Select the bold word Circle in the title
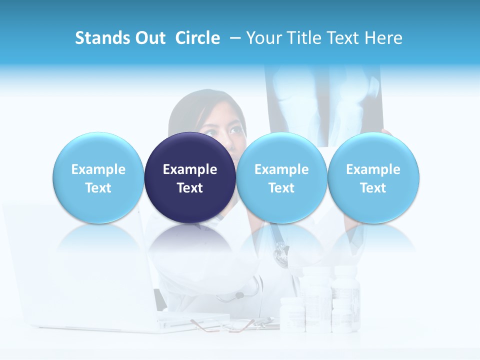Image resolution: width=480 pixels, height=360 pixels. point(197,38)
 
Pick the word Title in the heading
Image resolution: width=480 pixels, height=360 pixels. point(303,38)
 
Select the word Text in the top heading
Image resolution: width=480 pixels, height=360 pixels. point(343,38)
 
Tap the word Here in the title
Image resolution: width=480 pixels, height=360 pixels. point(383,38)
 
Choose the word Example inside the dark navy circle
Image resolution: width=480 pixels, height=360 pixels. point(190,169)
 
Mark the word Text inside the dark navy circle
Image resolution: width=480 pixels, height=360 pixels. point(190,188)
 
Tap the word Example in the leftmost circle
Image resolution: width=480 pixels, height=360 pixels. point(98,169)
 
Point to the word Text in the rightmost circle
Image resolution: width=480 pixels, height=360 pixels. point(373,188)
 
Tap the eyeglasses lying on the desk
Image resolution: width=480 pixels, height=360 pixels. point(215,325)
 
